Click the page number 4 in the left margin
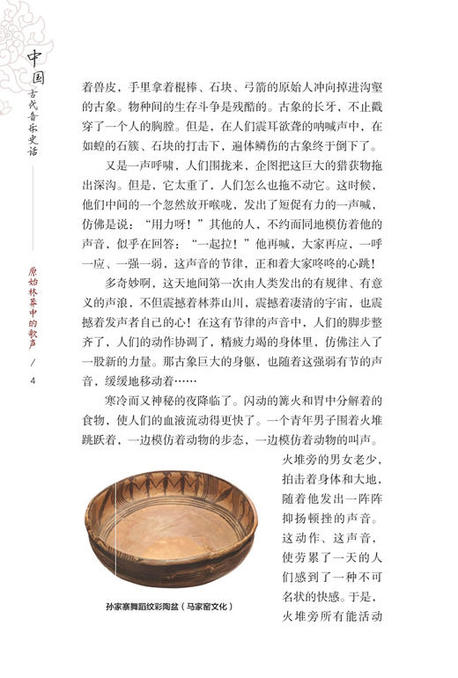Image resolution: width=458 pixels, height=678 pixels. (33, 380)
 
